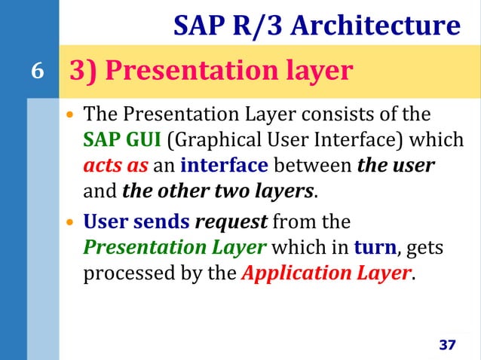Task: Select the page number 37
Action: pos(447,345)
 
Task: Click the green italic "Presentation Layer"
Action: pos(173,247)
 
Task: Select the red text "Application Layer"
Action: pos(326,272)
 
